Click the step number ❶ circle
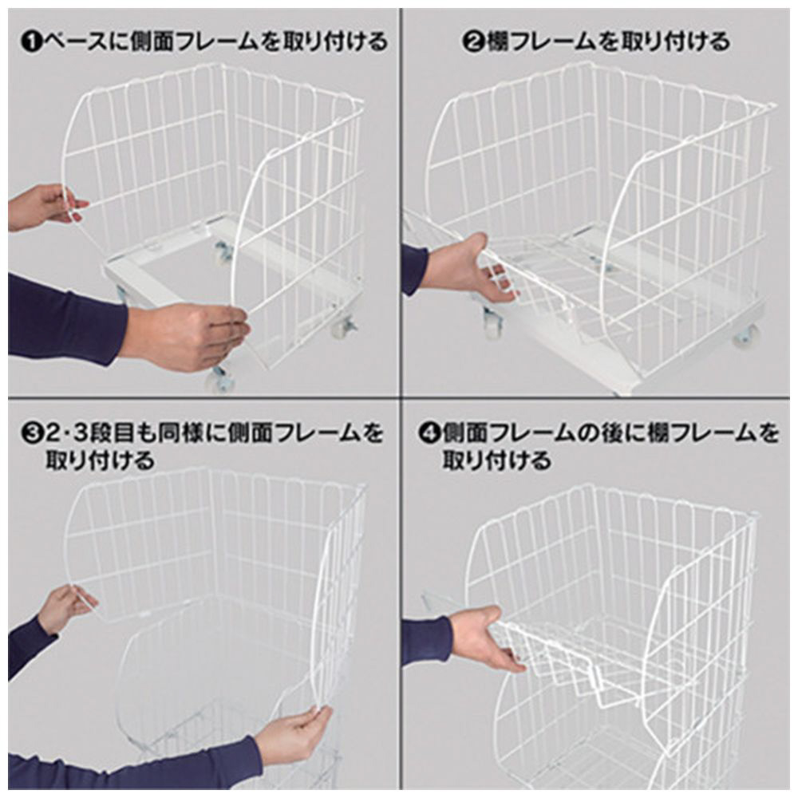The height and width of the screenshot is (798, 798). (33, 41)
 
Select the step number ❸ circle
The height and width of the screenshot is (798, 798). (33, 433)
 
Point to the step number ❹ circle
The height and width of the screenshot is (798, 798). (429, 433)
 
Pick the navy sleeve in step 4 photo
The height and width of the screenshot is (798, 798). (426, 642)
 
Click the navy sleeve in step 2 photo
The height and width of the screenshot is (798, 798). (415, 269)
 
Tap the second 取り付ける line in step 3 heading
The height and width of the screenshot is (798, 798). (100, 461)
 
